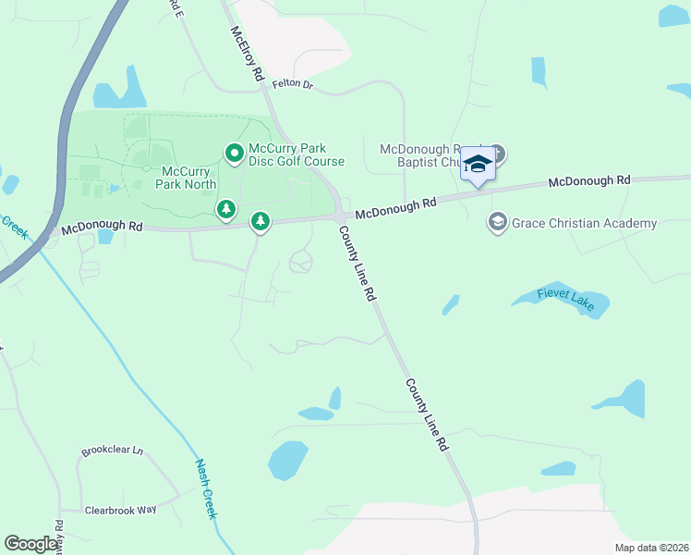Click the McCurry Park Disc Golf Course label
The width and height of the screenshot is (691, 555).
tap(297, 154)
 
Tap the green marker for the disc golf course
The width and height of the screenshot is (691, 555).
tap(234, 153)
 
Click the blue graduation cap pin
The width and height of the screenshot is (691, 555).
tap(478, 165)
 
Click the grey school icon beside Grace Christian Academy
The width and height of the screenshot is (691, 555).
tap(497, 222)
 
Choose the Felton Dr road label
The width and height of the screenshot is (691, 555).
tap(293, 85)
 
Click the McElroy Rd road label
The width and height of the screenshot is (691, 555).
tap(247, 53)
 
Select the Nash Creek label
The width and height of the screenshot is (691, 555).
tap(205, 488)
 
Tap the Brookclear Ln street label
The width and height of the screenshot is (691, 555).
tap(113, 451)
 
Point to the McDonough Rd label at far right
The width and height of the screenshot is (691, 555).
tap(588, 181)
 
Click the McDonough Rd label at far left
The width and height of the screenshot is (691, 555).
tap(103, 226)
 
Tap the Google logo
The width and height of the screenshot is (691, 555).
tap(31, 543)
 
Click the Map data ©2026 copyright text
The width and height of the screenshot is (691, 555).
tap(650, 548)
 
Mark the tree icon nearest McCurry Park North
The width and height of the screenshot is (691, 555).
tap(225, 210)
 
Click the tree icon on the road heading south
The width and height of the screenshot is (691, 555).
tap(261, 221)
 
